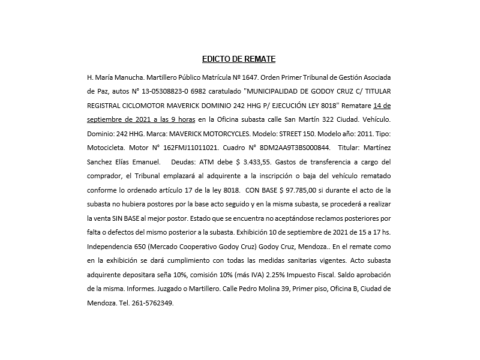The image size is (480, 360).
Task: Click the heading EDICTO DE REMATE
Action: (x=239, y=59)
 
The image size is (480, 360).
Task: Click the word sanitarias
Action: (x=325, y=260)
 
